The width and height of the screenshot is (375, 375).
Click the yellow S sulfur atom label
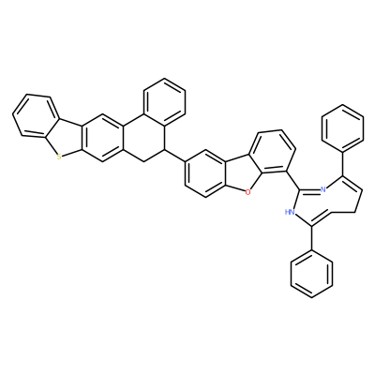click(59, 157)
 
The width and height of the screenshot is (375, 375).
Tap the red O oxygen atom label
click(247, 192)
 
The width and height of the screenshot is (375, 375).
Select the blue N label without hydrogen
click(323, 189)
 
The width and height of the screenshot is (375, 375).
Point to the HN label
click(291, 213)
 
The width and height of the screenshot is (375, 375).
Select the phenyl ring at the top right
click(343, 128)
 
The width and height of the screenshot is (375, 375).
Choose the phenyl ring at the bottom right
click(311, 274)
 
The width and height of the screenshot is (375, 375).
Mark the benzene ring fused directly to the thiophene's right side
click(102, 139)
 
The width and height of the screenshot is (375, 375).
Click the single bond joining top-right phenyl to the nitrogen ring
click(343, 164)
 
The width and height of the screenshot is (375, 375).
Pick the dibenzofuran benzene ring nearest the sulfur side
click(205, 172)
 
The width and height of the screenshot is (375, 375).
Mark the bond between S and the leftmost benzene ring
click(51, 146)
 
